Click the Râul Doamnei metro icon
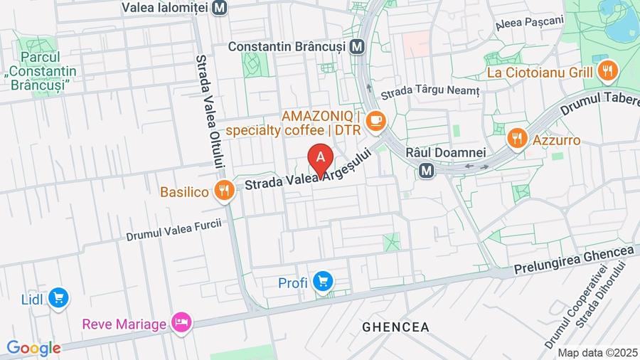427,170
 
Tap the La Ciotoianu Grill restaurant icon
607,70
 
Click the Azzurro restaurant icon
517,139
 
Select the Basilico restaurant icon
225,191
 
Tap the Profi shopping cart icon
323,282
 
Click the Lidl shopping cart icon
58,298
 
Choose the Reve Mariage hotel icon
181,323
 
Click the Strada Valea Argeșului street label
309,174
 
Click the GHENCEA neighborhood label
395,327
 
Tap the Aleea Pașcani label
529,23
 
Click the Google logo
33,348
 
